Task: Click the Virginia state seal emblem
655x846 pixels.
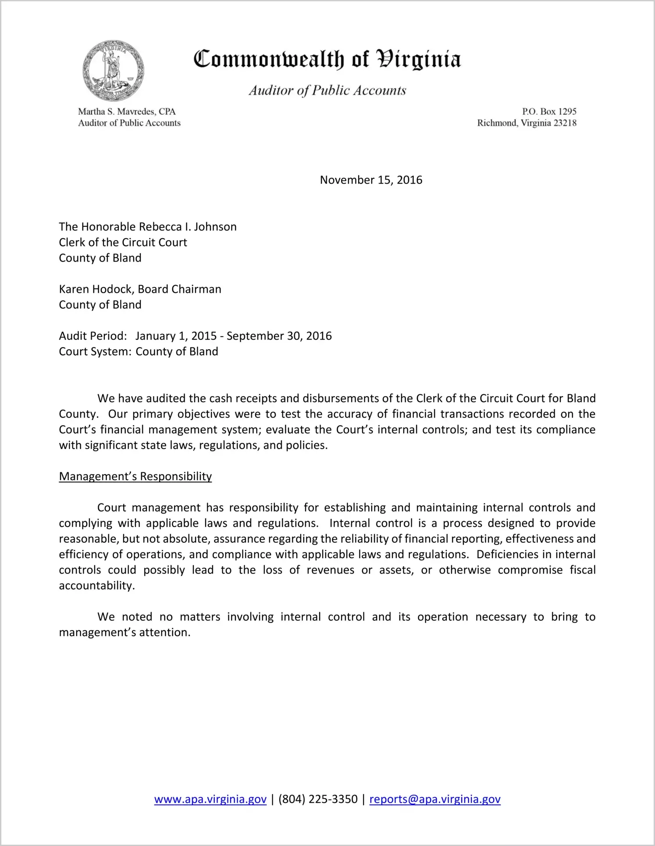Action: click(x=113, y=71)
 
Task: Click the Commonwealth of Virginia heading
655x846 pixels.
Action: click(x=327, y=59)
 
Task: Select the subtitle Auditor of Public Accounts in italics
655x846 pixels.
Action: click(x=327, y=90)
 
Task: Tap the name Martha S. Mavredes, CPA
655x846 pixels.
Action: click(x=127, y=112)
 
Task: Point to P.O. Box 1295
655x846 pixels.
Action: click(x=549, y=112)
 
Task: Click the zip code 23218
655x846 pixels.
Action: click(x=565, y=123)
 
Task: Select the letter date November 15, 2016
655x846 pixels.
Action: click(x=371, y=180)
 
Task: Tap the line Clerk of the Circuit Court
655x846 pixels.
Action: click(x=123, y=243)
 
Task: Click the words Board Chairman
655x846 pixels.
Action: click(x=180, y=289)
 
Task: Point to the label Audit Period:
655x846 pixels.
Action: click(x=93, y=336)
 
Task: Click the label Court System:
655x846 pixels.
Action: click(x=95, y=352)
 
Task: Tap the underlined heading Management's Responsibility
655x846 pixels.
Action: click(x=135, y=477)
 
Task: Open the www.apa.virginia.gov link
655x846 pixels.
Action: click(x=210, y=799)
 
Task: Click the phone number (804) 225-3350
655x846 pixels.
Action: click(x=318, y=799)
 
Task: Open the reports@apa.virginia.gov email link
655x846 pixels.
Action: click(x=435, y=799)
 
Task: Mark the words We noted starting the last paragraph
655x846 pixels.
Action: click(x=125, y=617)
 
